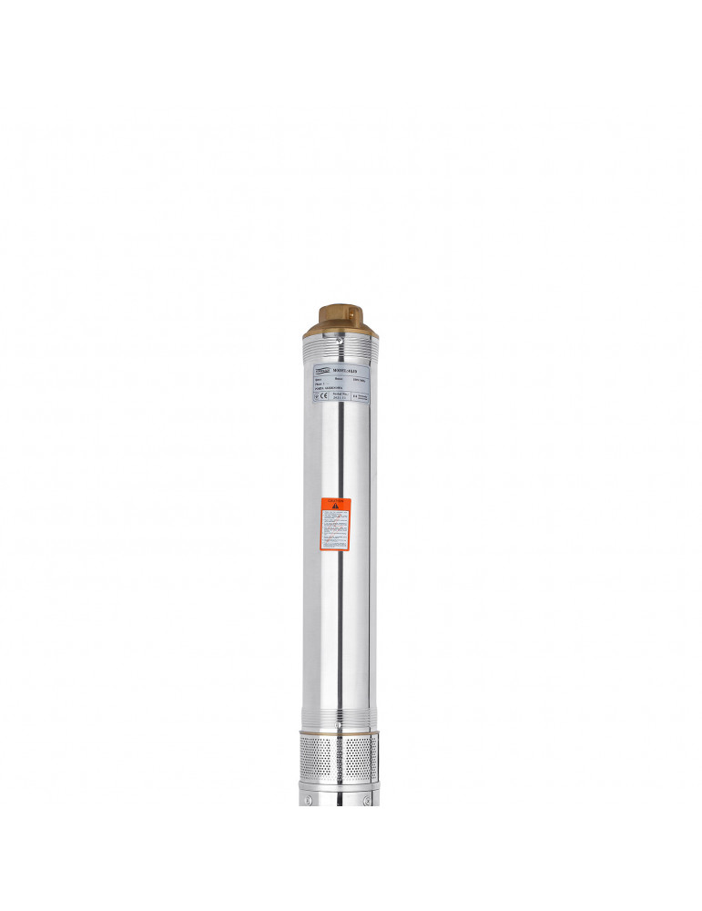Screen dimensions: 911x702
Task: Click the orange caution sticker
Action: [335, 524]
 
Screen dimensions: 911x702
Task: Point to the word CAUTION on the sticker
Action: [335, 501]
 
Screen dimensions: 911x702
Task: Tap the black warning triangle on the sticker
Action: [335, 507]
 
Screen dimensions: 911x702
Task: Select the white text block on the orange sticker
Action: [335, 531]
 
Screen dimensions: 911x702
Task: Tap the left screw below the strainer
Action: [309, 800]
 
